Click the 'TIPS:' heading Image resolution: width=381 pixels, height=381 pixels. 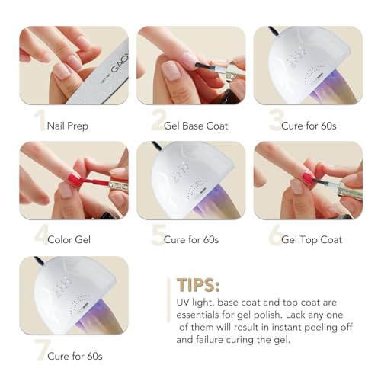(x=198, y=285)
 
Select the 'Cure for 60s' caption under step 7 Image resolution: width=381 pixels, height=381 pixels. (x=74, y=356)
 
